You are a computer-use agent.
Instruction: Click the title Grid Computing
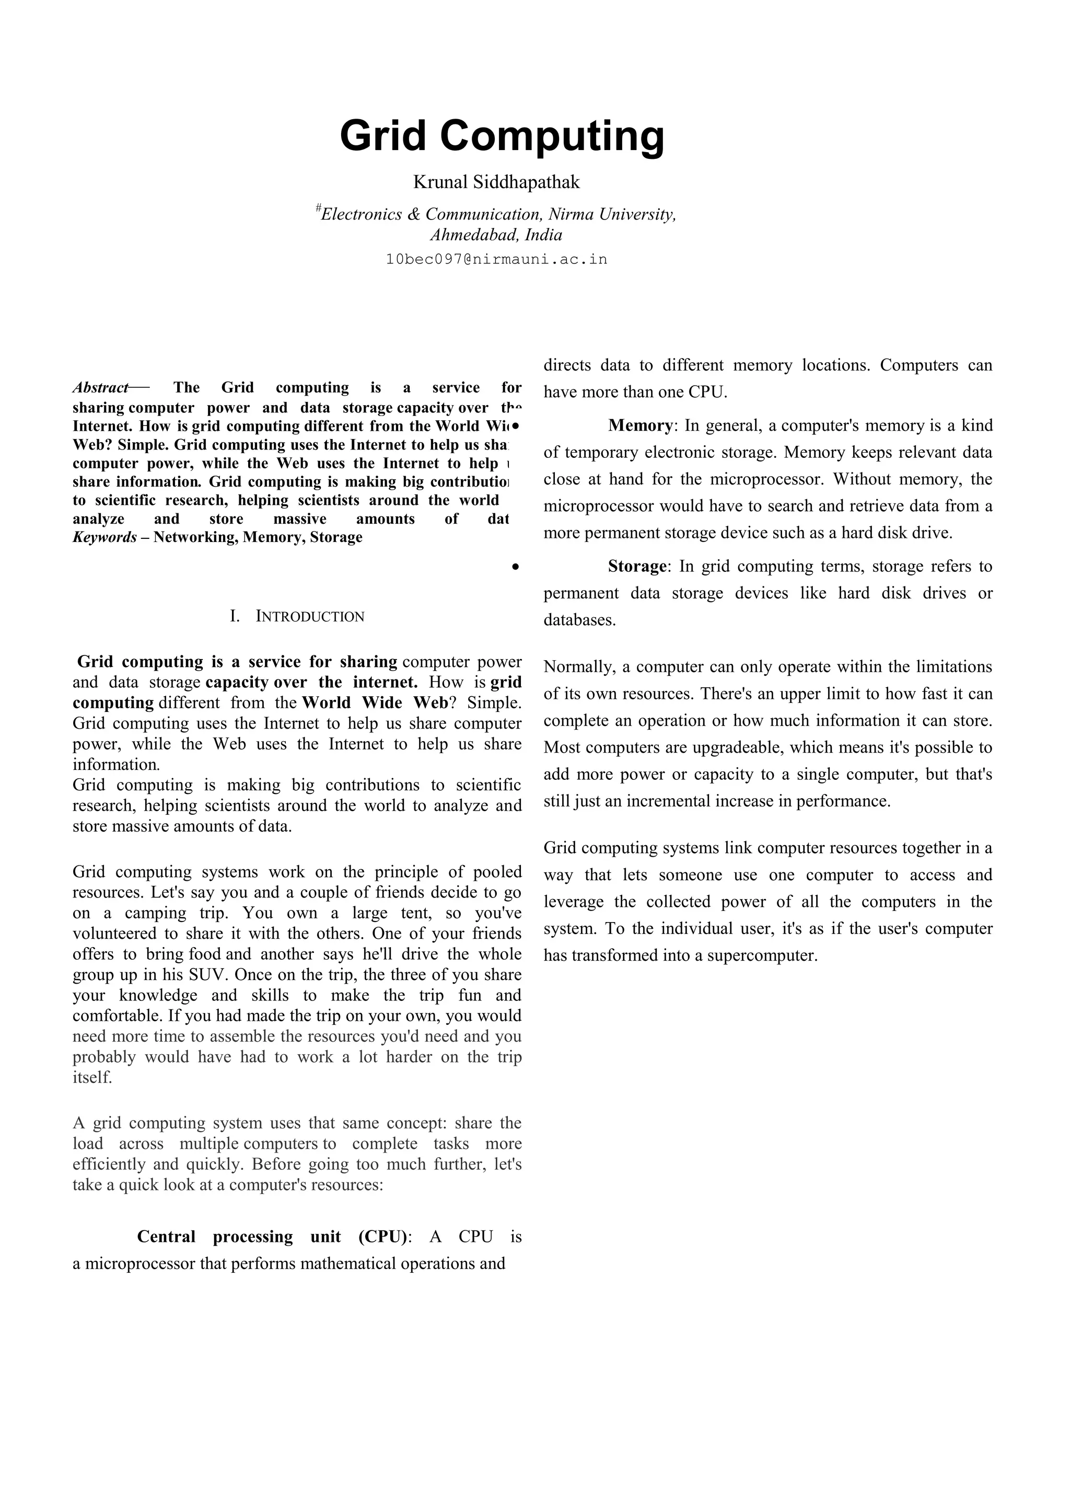tap(502, 136)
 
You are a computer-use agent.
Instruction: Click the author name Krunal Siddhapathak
tap(496, 182)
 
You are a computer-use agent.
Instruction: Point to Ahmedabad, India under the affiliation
tap(496, 235)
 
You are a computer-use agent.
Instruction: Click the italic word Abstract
tap(100, 387)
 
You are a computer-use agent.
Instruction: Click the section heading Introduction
tap(310, 617)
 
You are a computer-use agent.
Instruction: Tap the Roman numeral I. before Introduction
tap(235, 617)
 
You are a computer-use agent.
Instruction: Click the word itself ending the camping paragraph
tap(92, 1077)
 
